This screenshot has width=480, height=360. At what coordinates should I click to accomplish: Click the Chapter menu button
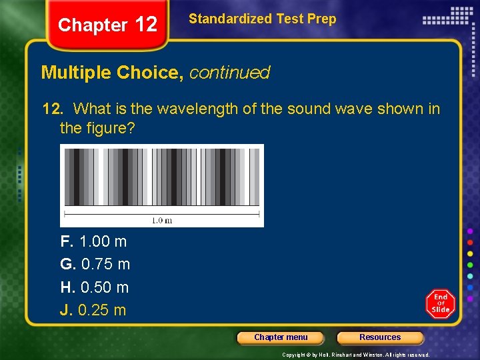click(281, 337)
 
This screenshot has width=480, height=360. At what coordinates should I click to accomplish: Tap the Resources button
click(380, 337)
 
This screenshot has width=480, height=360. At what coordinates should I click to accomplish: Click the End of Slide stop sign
click(441, 304)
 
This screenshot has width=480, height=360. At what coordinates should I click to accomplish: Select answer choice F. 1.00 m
click(93, 241)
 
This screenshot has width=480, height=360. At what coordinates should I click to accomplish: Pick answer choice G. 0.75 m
click(95, 264)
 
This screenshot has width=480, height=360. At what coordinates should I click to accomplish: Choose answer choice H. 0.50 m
click(94, 287)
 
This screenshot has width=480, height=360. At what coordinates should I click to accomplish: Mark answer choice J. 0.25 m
click(93, 310)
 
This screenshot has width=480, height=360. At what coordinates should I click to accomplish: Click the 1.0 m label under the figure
click(161, 221)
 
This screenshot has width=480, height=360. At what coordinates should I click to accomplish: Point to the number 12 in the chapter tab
click(146, 25)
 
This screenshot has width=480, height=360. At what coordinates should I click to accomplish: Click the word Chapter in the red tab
click(93, 25)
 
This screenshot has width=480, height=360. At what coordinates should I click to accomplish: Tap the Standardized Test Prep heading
click(262, 19)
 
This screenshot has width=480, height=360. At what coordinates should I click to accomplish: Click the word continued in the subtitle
click(229, 73)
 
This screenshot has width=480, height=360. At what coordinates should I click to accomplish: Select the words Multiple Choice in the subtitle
click(112, 73)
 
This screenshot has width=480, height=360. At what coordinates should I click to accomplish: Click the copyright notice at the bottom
click(355, 355)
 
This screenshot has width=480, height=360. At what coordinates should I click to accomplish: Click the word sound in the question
click(308, 109)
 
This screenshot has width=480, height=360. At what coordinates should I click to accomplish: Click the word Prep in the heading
click(321, 19)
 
